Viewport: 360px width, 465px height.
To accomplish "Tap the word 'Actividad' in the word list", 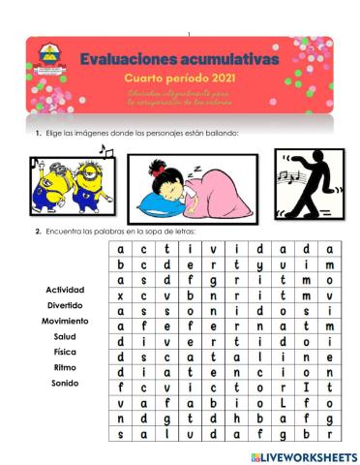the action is click(65, 290).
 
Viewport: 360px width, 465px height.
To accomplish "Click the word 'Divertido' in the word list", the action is click(65, 305).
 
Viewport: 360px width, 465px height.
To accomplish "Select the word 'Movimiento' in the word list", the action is click(65, 321).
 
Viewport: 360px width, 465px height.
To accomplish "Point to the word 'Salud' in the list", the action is click(65, 336).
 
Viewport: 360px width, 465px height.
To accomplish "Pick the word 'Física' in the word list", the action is click(65, 352).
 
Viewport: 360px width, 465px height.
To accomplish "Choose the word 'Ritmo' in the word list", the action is click(65, 367).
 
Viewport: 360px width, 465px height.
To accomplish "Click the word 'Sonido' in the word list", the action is click(65, 383).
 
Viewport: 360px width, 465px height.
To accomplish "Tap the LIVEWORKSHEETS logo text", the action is click(309, 455).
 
